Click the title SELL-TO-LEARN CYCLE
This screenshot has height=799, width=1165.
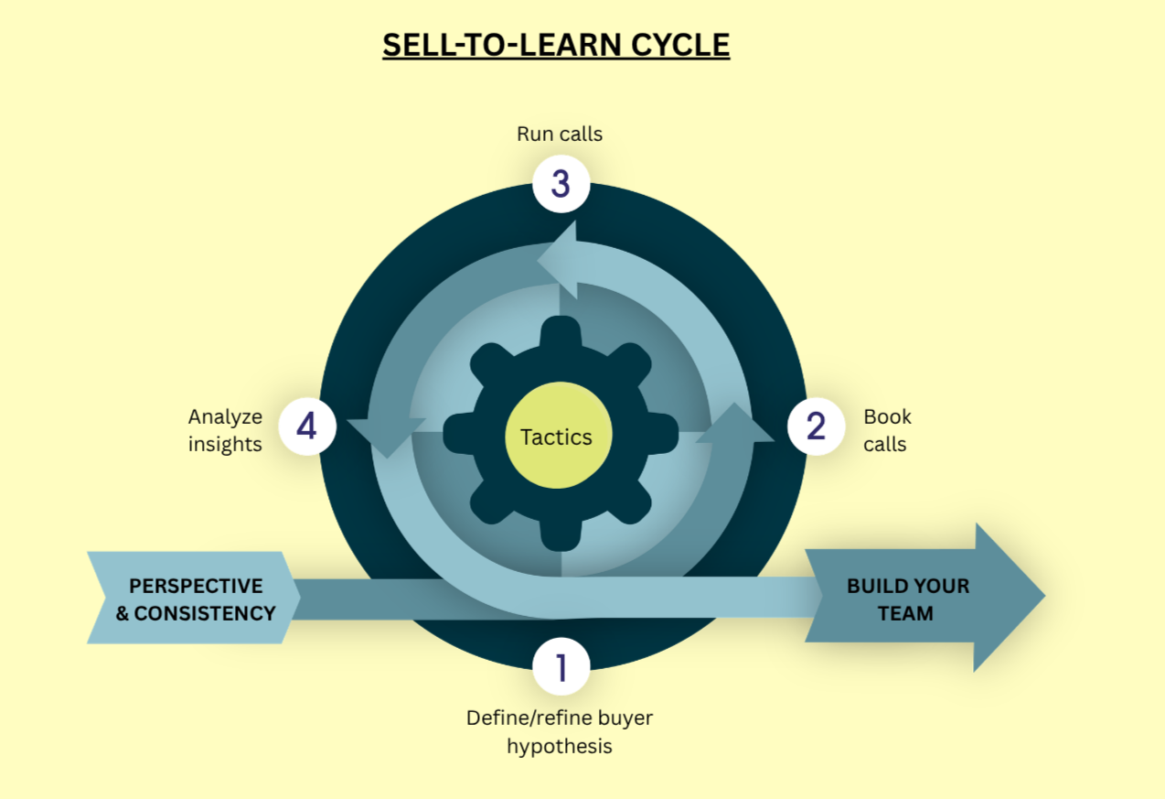556,45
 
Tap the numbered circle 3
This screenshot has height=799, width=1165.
561,184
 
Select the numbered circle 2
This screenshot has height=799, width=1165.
816,426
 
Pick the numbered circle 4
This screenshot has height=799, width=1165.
306,426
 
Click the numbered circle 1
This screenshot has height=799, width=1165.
561,668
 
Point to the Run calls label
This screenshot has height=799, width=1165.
560,134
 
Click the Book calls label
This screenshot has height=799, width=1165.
887,430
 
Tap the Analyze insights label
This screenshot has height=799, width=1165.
225,430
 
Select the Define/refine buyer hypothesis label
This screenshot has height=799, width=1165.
560,732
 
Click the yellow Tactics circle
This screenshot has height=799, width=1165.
556,437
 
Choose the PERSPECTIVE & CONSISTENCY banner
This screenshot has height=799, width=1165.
194,599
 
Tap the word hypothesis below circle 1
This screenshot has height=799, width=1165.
560,746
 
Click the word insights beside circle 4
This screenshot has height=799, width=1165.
225,444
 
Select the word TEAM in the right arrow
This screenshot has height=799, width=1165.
906,613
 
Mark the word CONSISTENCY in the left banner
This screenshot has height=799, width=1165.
205,613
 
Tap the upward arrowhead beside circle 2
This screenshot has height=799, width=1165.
733,424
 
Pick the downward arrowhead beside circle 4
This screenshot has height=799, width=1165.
388,435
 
